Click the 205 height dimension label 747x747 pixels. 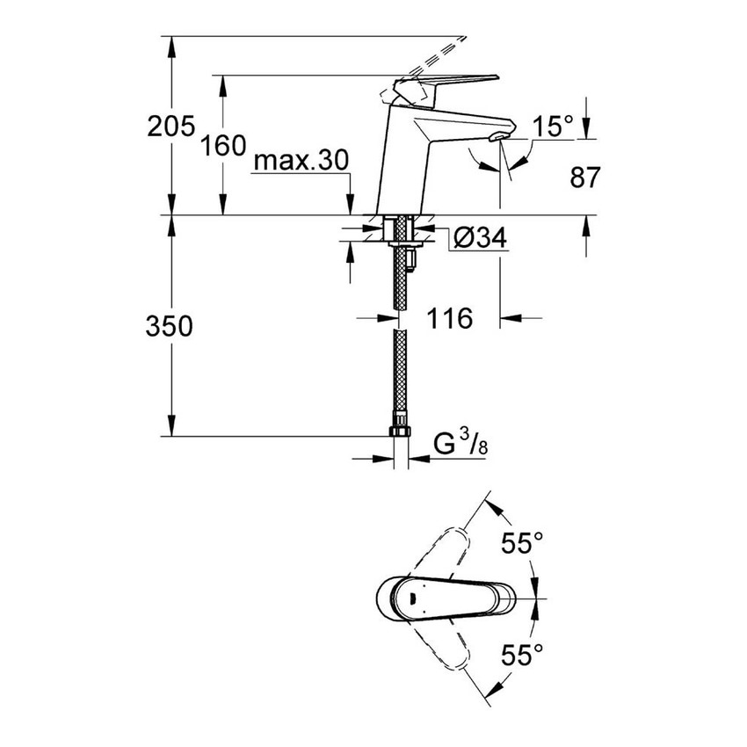(170, 127)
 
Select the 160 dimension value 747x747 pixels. (221, 145)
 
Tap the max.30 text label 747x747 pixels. (301, 160)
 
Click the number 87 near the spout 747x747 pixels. (584, 178)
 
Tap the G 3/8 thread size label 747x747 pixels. (461, 446)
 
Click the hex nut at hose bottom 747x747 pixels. (400, 433)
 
